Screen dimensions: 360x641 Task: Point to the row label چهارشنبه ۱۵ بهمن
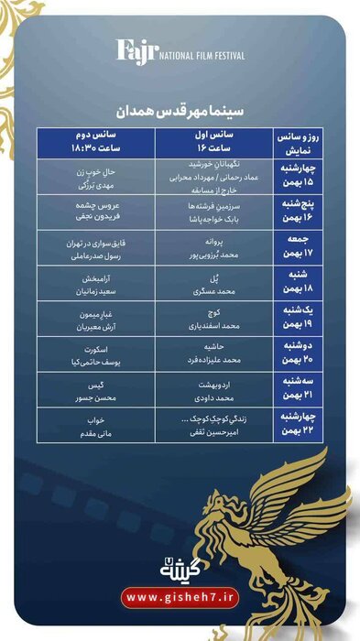pyautogui.click(x=300, y=174)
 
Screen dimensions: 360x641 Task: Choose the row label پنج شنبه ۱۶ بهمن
pyautogui.click(x=300, y=213)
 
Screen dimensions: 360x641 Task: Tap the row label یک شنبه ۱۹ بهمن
pyautogui.click(x=300, y=319)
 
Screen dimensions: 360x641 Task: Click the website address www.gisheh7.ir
pyautogui.click(x=180, y=598)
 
